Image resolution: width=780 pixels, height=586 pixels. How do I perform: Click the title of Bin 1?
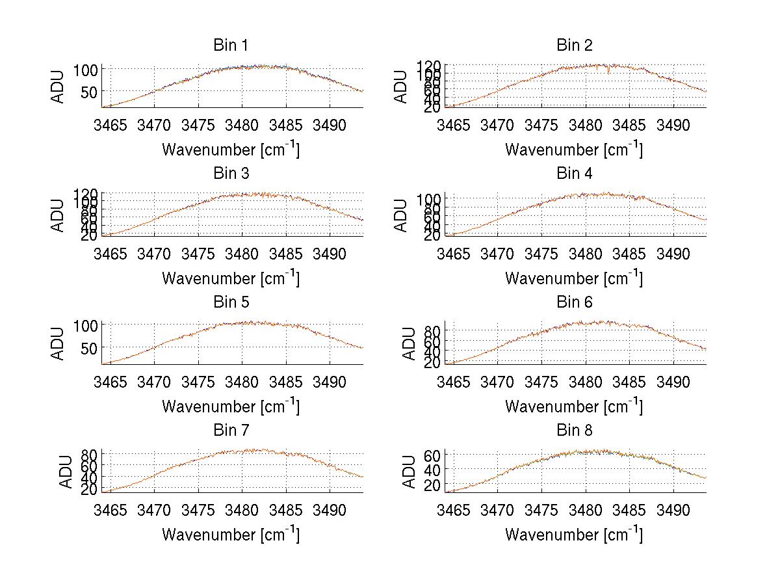231,46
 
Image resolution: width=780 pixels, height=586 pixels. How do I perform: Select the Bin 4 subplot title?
575,174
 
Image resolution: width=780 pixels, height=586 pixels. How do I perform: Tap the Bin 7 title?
231,431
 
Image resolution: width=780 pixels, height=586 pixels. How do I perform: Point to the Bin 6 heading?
575,302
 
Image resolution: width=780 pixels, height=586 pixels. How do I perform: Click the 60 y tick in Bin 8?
434,455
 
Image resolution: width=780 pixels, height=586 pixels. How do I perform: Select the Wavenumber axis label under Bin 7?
231,534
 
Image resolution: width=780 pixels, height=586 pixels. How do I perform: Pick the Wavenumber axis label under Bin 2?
574,149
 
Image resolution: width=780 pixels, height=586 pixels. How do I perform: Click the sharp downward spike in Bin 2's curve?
609,72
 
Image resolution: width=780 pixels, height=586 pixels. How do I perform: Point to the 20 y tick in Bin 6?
434,363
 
